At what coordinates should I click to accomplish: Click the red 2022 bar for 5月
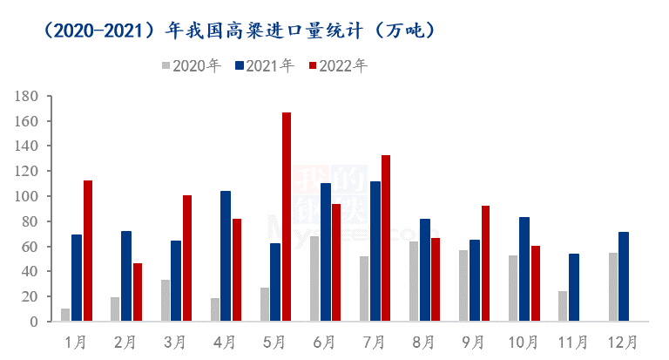[x=287, y=217]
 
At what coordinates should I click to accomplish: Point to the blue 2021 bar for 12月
[x=624, y=277]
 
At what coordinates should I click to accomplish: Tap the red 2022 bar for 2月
[x=138, y=292]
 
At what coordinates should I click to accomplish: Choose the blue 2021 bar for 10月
[x=524, y=269]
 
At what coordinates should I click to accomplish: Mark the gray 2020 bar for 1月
[x=65, y=315]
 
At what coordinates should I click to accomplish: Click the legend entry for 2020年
[x=191, y=65]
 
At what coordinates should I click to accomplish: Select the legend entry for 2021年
[x=265, y=65]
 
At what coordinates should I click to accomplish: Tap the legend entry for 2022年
[x=339, y=65]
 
